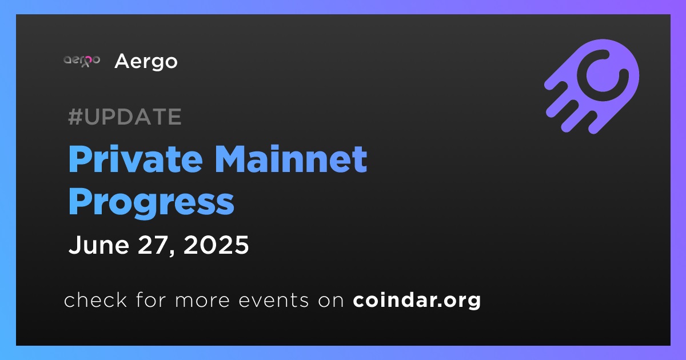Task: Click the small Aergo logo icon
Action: (82, 61)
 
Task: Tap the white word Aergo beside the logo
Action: (146, 62)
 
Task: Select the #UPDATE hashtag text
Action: (125, 117)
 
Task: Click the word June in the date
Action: (99, 245)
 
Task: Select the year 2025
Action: (216, 245)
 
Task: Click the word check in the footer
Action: (95, 299)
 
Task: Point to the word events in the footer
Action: (274, 301)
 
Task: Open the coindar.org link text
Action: (417, 301)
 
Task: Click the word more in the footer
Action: (202, 301)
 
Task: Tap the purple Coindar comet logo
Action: (592, 86)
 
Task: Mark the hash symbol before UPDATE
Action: (75, 117)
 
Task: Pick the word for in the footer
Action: (151, 299)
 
